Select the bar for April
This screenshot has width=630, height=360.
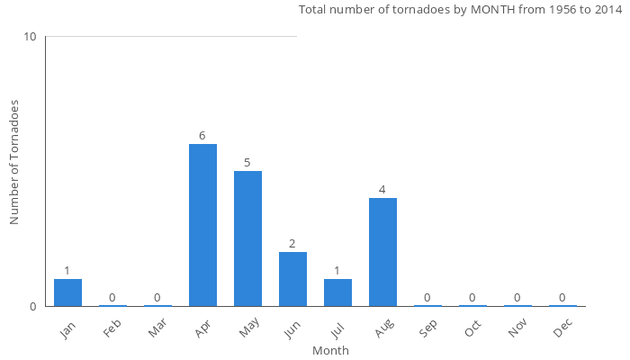pos(202,225)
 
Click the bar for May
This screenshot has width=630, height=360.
pos(247,238)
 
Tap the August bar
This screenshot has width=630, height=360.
pos(382,252)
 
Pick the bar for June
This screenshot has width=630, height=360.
pos(292,279)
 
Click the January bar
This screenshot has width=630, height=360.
pos(67,292)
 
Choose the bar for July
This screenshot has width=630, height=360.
pos(337,292)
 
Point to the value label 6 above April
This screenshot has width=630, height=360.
pos(202,136)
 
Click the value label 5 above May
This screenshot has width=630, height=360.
pos(247,163)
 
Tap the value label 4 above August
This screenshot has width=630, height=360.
pos(382,190)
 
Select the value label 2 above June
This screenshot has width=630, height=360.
pos(292,244)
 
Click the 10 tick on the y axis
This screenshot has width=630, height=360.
pos(31,37)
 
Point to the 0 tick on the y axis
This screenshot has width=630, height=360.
pos(33,306)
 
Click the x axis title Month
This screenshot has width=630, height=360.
pos(330,350)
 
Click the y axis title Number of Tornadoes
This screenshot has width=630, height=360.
pos(14,162)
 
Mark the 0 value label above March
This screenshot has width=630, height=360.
pos(157,298)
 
